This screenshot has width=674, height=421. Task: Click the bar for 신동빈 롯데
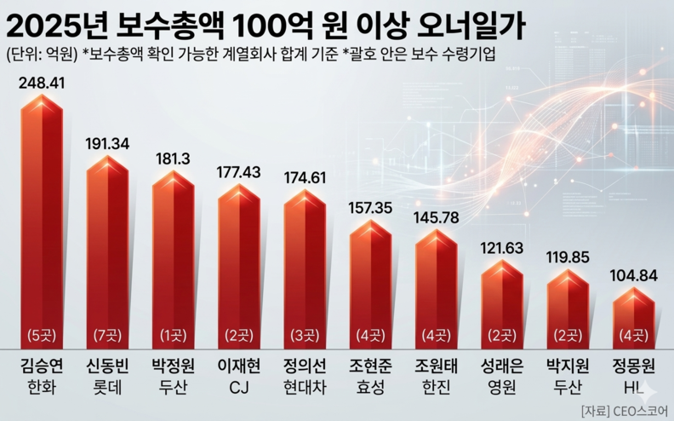[x=107, y=256]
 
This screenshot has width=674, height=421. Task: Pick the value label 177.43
[x=238, y=172]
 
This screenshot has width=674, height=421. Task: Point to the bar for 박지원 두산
[x=568, y=303]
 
